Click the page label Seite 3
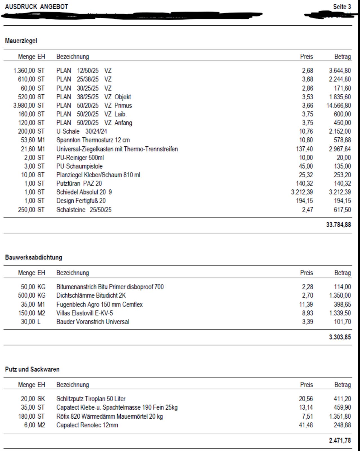pyautogui.click(x=342, y=7)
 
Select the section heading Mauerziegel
pyautogui.click(x=21, y=41)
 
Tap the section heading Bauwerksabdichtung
pyautogui.click(x=33, y=257)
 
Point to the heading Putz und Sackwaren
pyautogui.click(x=32, y=369)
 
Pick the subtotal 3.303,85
pyautogui.click(x=340, y=337)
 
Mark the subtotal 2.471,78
pyautogui.click(x=340, y=440)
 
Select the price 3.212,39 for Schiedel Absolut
pyautogui.click(x=302, y=192)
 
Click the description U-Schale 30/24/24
pyautogui.click(x=82, y=131)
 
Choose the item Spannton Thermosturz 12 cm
pyautogui.click(x=93, y=140)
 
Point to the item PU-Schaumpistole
pyautogui.click(x=79, y=166)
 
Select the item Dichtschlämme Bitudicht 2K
pyautogui.click(x=91, y=296)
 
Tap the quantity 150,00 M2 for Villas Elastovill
pyautogui.click(x=31, y=313)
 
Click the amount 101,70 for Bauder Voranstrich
pyautogui.click(x=342, y=322)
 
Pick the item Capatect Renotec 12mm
pyautogui.click(x=87, y=425)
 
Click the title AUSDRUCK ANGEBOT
pyautogui.click(x=37, y=7)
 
